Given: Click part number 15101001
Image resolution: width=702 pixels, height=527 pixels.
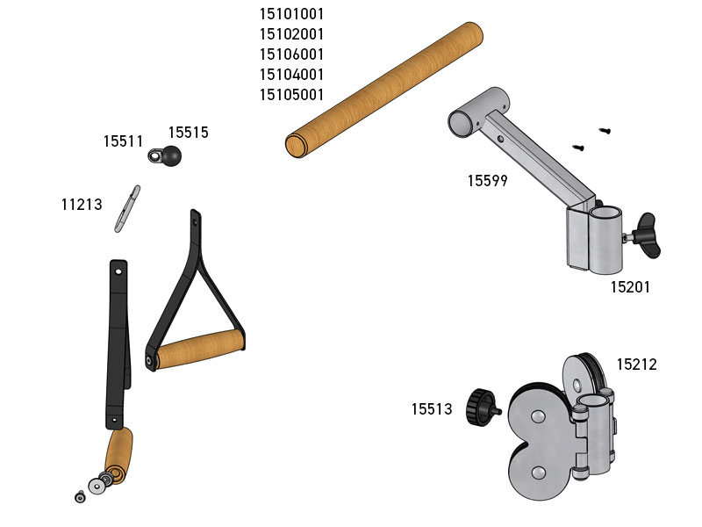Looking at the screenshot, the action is [291, 14].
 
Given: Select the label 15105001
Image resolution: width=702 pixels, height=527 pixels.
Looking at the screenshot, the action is [291, 95].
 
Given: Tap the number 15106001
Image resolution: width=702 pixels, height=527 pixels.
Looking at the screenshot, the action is [291, 54].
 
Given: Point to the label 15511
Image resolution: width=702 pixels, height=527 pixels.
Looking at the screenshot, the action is [123, 141].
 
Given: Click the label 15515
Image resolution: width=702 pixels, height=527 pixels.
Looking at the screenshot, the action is [188, 133].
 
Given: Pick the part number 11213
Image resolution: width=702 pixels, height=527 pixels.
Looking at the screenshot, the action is [82, 205].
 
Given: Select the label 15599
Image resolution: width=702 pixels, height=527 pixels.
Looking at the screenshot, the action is [488, 181].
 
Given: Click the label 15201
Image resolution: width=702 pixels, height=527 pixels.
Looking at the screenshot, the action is [630, 287].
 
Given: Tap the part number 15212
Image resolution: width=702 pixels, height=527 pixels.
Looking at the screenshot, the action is [637, 365].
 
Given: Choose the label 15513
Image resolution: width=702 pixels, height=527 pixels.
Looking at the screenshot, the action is [432, 408].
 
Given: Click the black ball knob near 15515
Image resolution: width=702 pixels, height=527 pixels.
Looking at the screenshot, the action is [171, 156].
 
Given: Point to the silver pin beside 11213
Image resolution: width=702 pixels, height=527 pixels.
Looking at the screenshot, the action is [127, 209].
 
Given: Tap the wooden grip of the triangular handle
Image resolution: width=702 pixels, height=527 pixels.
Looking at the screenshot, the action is [200, 349].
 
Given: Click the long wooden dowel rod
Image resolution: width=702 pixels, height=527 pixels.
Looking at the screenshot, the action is [384, 90].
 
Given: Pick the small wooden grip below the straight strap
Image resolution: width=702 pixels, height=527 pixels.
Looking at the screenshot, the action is [118, 456].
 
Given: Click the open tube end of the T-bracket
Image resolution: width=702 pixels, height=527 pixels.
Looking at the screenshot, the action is [463, 123].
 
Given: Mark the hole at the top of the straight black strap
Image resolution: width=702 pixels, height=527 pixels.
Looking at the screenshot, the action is [118, 271].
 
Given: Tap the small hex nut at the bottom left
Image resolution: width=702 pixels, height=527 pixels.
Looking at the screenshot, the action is [80, 496].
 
